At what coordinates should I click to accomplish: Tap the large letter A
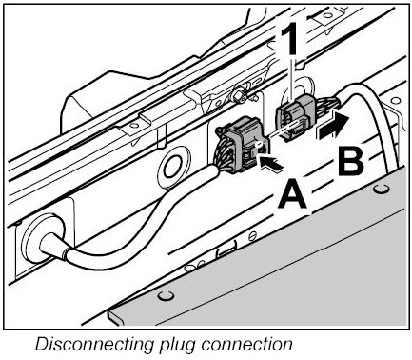tap(293, 195)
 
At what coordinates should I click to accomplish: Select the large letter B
tap(350, 161)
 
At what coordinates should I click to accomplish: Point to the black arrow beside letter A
tap(270, 163)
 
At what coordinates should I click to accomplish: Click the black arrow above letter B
tap(334, 127)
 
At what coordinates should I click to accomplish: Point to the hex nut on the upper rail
tap(238, 94)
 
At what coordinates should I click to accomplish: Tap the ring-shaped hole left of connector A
tap(174, 164)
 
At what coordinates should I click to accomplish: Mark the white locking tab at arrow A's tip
tap(259, 145)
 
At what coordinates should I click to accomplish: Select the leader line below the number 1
tap(292, 78)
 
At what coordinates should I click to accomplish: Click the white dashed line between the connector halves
tap(284, 129)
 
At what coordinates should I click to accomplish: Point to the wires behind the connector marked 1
tap(329, 105)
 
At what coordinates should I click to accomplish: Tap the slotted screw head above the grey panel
tap(252, 236)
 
